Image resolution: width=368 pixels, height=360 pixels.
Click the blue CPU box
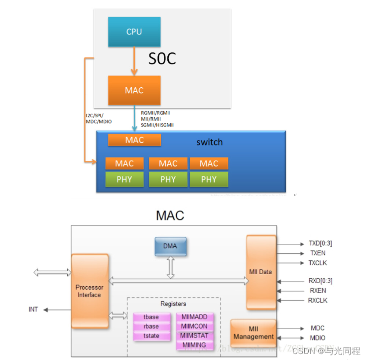point(134,31)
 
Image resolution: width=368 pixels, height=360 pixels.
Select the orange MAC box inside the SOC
point(134,90)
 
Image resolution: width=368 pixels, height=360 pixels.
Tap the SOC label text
point(162,59)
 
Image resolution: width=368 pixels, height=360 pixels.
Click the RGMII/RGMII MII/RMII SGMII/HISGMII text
point(157,119)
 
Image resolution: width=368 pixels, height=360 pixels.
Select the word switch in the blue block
point(209,142)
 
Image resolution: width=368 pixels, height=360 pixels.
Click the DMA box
point(170,246)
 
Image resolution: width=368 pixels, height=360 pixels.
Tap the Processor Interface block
point(89,291)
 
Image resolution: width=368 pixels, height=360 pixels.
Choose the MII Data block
point(261,272)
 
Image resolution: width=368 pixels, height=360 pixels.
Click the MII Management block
point(253,333)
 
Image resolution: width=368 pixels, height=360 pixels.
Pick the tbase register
point(151,317)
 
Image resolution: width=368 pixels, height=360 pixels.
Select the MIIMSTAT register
point(195,336)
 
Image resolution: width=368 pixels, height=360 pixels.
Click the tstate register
point(151,336)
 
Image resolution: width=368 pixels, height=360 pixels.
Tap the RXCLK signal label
point(318,300)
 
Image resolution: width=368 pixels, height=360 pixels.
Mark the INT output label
point(33,310)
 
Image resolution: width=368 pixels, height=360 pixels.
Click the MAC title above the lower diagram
point(170,215)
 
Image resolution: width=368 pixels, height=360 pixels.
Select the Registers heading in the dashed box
point(173,304)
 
